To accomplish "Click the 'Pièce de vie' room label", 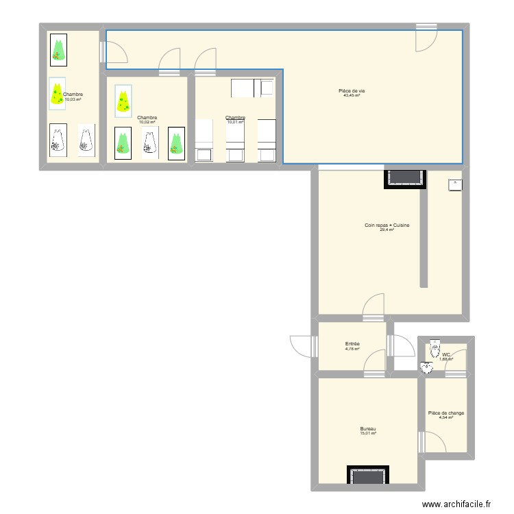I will tap(352, 91).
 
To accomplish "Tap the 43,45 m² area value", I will tap(352, 96).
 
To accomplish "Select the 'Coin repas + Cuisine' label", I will tap(387, 225).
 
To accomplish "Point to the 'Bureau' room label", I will tap(368, 429).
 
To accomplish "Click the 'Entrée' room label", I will tap(352, 344).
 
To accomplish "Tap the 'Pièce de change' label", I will tap(446, 413).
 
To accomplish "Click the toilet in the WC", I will tap(435, 350).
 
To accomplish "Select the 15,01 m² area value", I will tap(368, 434).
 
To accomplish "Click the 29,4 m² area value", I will tap(387, 230).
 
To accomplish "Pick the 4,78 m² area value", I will tap(352, 349).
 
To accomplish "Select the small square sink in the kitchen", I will tap(455, 184).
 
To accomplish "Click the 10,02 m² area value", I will tap(147, 122).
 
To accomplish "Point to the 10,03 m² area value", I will tap(73, 99).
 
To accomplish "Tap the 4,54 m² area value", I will tap(446, 418).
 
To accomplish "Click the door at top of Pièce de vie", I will tap(426, 38).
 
